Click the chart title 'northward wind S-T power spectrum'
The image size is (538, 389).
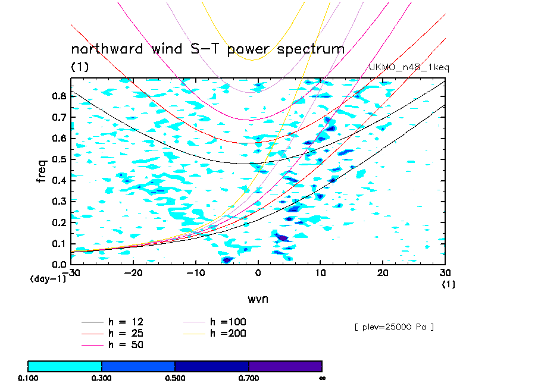pos(208,49)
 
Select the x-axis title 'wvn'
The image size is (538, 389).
pos(258,298)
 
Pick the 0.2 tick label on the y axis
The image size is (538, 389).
pos(58,222)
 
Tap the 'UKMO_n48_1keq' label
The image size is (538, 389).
pos(409,68)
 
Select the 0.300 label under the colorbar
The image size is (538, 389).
pos(102,378)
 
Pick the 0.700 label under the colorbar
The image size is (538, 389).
pos(249,378)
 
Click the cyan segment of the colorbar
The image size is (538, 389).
pos(65,366)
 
